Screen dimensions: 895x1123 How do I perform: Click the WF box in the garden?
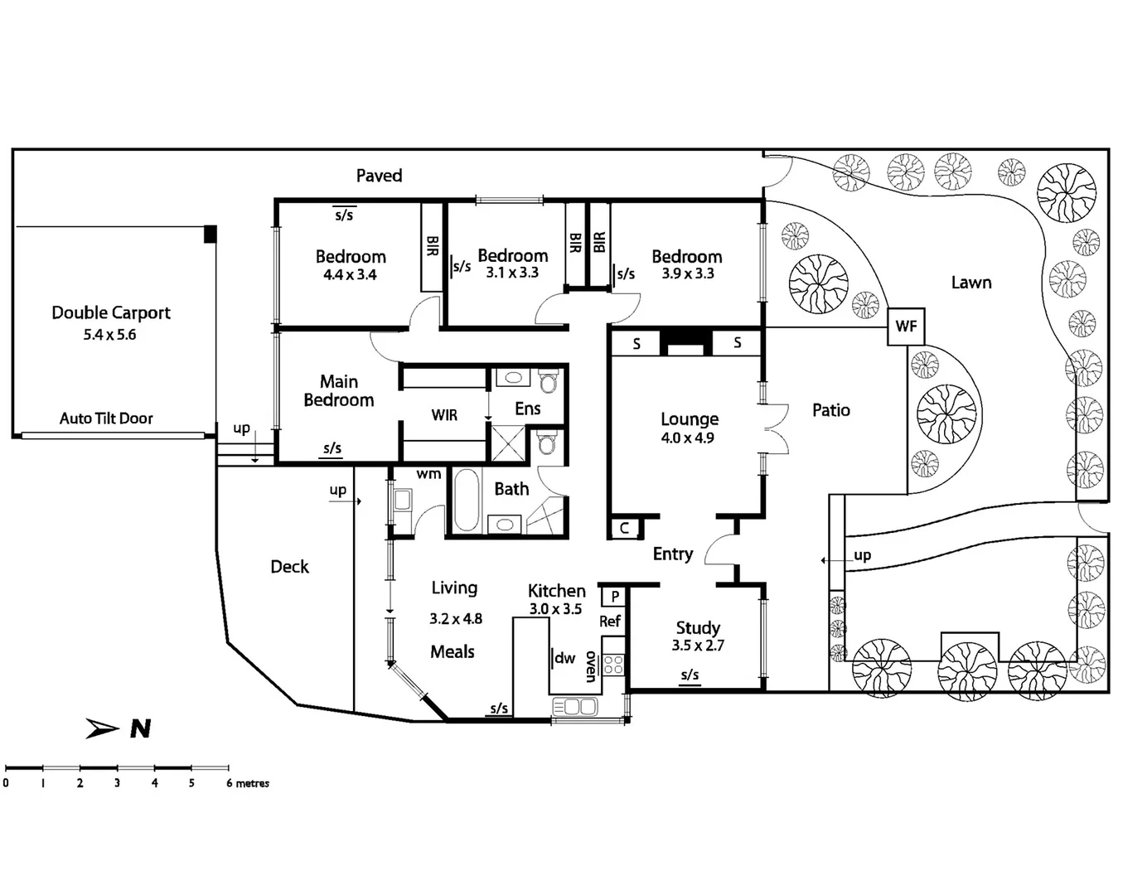point(906,327)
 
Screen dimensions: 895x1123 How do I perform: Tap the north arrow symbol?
point(104,728)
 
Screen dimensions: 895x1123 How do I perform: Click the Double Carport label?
point(111,312)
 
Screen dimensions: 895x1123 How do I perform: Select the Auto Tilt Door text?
point(106,418)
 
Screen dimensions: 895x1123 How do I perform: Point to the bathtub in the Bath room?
point(467,500)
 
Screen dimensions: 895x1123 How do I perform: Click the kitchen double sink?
point(575,707)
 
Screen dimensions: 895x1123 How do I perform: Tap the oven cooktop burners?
point(613,665)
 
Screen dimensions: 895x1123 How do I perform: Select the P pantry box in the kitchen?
point(615,596)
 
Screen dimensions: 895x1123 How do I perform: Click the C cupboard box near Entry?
point(624,528)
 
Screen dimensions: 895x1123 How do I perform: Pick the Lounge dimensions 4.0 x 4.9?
point(687,438)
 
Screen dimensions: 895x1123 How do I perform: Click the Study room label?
point(698,627)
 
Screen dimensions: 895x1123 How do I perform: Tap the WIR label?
point(444,415)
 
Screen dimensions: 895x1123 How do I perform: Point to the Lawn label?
point(971,283)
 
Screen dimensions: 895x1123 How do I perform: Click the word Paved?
point(379,176)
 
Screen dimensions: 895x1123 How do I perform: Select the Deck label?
point(289,567)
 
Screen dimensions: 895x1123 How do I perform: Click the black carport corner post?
point(211,234)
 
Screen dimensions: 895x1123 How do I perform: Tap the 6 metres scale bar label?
point(248,783)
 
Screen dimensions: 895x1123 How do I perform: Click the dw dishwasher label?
point(564,658)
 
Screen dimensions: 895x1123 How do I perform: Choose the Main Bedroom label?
point(338,391)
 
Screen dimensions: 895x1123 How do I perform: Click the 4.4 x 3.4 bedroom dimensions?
point(350,275)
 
